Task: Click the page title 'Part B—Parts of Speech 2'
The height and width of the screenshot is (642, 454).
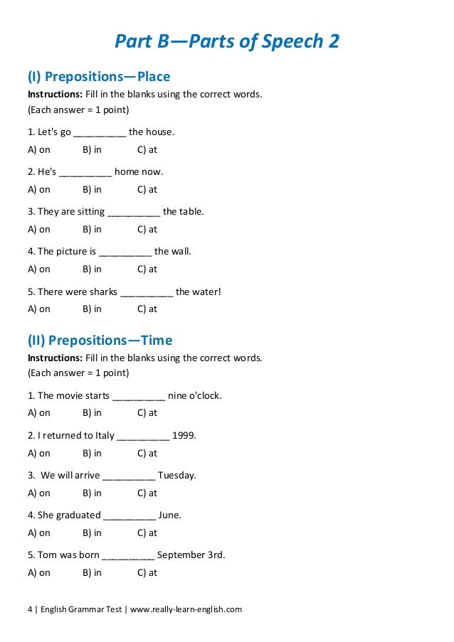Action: pyautogui.click(x=227, y=42)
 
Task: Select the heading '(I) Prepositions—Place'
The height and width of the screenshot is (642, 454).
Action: pyautogui.click(x=99, y=76)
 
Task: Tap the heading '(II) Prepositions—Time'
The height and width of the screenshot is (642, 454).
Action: pyautogui.click(x=100, y=340)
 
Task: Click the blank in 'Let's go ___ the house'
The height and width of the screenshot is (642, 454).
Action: pyautogui.click(x=100, y=133)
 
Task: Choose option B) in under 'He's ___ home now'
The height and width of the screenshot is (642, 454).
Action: pyautogui.click(x=92, y=189)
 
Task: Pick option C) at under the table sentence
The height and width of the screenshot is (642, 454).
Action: pyautogui.click(x=147, y=229)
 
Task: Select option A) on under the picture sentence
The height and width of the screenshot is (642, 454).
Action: pyautogui.click(x=39, y=269)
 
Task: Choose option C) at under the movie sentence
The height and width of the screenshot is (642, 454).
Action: pyautogui.click(x=147, y=412)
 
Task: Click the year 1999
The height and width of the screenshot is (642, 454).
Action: pyautogui.click(x=184, y=435)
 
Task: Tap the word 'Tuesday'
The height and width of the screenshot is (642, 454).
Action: pyautogui.click(x=176, y=475)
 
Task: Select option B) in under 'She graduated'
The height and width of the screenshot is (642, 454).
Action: pyautogui.click(x=92, y=533)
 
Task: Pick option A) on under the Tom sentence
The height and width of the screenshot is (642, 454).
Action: pyautogui.click(x=39, y=572)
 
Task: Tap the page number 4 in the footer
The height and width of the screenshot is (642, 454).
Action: pyautogui.click(x=30, y=609)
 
